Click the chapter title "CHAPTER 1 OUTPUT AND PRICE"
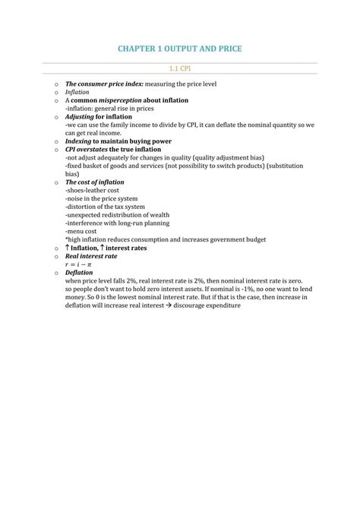179,49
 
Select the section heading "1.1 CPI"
179,68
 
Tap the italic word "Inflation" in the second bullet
77,92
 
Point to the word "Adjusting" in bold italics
79,117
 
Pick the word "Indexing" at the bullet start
78,141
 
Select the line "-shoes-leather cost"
93,191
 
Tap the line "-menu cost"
81,232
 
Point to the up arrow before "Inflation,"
68,248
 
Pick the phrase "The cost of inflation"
94,182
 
